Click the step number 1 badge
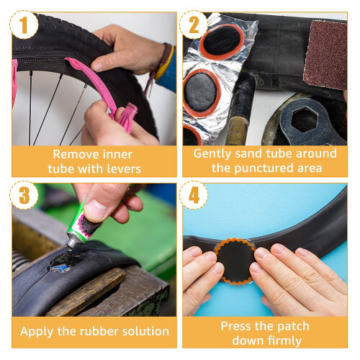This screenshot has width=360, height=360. (24, 24)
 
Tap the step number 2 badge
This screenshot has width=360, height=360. (194, 24)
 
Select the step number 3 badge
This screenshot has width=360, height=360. (24, 195)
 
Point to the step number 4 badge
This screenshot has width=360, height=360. (194, 195)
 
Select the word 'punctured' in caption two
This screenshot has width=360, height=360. (264, 168)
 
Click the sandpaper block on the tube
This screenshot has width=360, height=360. (325, 55)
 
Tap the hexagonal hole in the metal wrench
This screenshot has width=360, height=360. (305, 120)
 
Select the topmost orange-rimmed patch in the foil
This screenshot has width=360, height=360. (222, 42)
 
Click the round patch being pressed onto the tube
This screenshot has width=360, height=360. (235, 261)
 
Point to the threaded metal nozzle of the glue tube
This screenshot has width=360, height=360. (73, 243)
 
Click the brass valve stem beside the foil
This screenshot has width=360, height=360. (237, 130)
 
